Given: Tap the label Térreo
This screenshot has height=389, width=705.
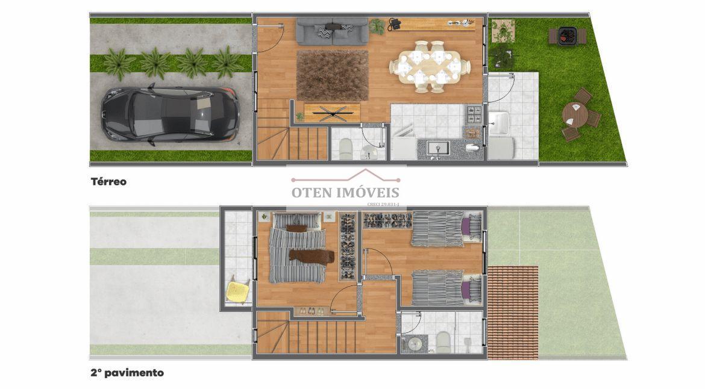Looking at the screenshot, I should (x=108, y=181).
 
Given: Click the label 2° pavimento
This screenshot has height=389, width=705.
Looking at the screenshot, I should (x=127, y=373).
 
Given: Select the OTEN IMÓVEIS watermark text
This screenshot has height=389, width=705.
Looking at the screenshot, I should (x=345, y=193).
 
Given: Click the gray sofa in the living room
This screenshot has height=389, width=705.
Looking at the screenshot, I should (x=331, y=30).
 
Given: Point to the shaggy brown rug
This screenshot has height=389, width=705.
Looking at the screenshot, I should (x=332, y=75).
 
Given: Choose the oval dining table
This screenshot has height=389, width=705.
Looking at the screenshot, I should (x=429, y=66).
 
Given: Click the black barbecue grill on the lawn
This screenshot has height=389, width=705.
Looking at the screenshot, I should (x=567, y=36).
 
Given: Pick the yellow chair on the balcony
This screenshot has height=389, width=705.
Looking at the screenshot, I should (x=238, y=291).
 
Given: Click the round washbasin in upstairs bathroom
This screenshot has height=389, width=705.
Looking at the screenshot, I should (x=415, y=344).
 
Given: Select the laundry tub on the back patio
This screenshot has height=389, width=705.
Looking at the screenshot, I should (x=500, y=123).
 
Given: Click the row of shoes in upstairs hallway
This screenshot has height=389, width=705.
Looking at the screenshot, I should (x=312, y=311).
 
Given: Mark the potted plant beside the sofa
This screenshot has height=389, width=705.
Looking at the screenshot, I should (x=378, y=26).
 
